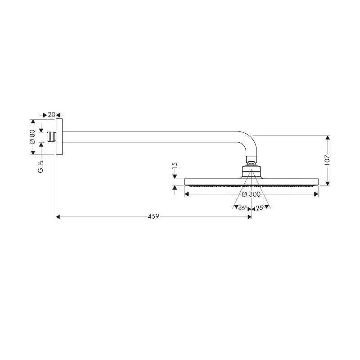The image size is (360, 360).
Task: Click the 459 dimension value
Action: [x=153, y=216]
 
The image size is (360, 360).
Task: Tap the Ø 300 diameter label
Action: [x=251, y=194]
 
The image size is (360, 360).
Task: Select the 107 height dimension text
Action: [x=327, y=160]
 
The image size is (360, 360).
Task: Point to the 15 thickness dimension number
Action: [x=175, y=165]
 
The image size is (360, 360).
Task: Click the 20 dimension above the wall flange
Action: [x=51, y=114]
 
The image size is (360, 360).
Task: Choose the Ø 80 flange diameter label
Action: [x=32, y=137]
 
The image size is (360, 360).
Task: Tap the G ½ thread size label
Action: [x=40, y=166]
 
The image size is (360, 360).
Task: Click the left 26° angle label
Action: [x=243, y=208]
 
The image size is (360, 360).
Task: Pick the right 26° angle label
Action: [x=260, y=208]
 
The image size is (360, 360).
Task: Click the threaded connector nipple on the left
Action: [x=51, y=137]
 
